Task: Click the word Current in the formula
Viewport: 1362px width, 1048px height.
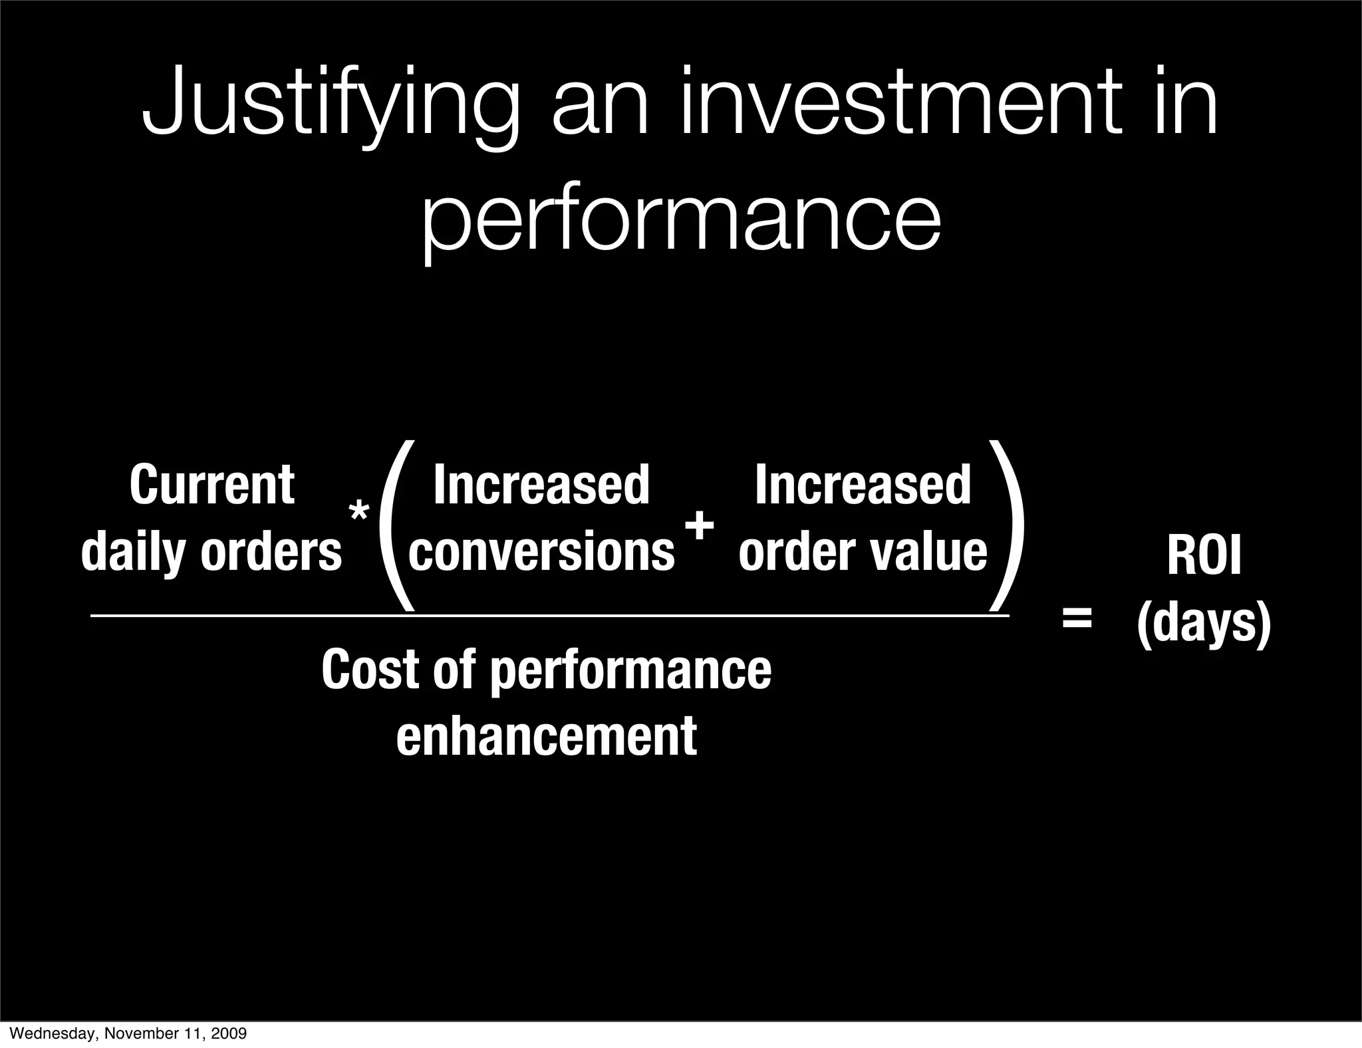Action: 211,485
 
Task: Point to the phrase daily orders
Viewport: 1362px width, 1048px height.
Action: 211,552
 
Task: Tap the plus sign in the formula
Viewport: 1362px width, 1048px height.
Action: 700,527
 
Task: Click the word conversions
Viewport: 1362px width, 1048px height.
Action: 541,552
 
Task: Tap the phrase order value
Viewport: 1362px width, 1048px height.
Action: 863,552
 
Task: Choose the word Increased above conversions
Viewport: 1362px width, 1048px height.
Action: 541,485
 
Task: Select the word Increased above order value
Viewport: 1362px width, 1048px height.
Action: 863,485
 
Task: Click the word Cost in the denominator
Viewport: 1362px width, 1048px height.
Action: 370,670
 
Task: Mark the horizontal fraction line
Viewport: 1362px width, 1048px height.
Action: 549,616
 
